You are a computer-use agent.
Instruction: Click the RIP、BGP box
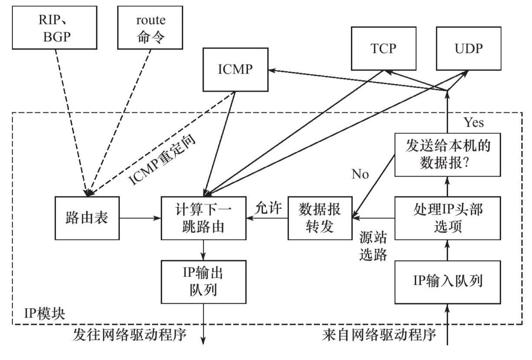(x=55, y=28)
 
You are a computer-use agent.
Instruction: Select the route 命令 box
(x=150, y=28)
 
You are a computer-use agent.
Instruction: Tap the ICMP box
(x=235, y=70)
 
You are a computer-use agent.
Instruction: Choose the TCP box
(x=384, y=49)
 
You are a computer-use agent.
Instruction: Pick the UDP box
(x=469, y=49)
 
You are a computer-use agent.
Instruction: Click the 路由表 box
(x=87, y=218)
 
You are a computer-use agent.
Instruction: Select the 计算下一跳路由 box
(x=203, y=218)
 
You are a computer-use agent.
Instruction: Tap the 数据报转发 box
(x=320, y=218)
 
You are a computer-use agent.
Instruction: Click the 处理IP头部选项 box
(x=448, y=218)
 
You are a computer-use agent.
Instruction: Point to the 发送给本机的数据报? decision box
(x=448, y=155)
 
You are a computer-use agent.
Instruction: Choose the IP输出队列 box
(x=203, y=282)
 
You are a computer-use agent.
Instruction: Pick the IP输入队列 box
(x=448, y=282)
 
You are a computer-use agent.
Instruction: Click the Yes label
(x=474, y=123)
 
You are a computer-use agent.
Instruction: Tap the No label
(x=360, y=174)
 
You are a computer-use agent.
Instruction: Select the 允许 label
(x=268, y=208)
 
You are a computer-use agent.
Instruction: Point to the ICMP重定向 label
(x=162, y=160)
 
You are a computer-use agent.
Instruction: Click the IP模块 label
(x=44, y=314)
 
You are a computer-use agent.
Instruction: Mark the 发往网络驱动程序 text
(x=130, y=335)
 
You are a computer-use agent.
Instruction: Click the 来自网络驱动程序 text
(x=379, y=335)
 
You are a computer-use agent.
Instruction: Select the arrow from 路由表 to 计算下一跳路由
(x=140, y=218)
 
